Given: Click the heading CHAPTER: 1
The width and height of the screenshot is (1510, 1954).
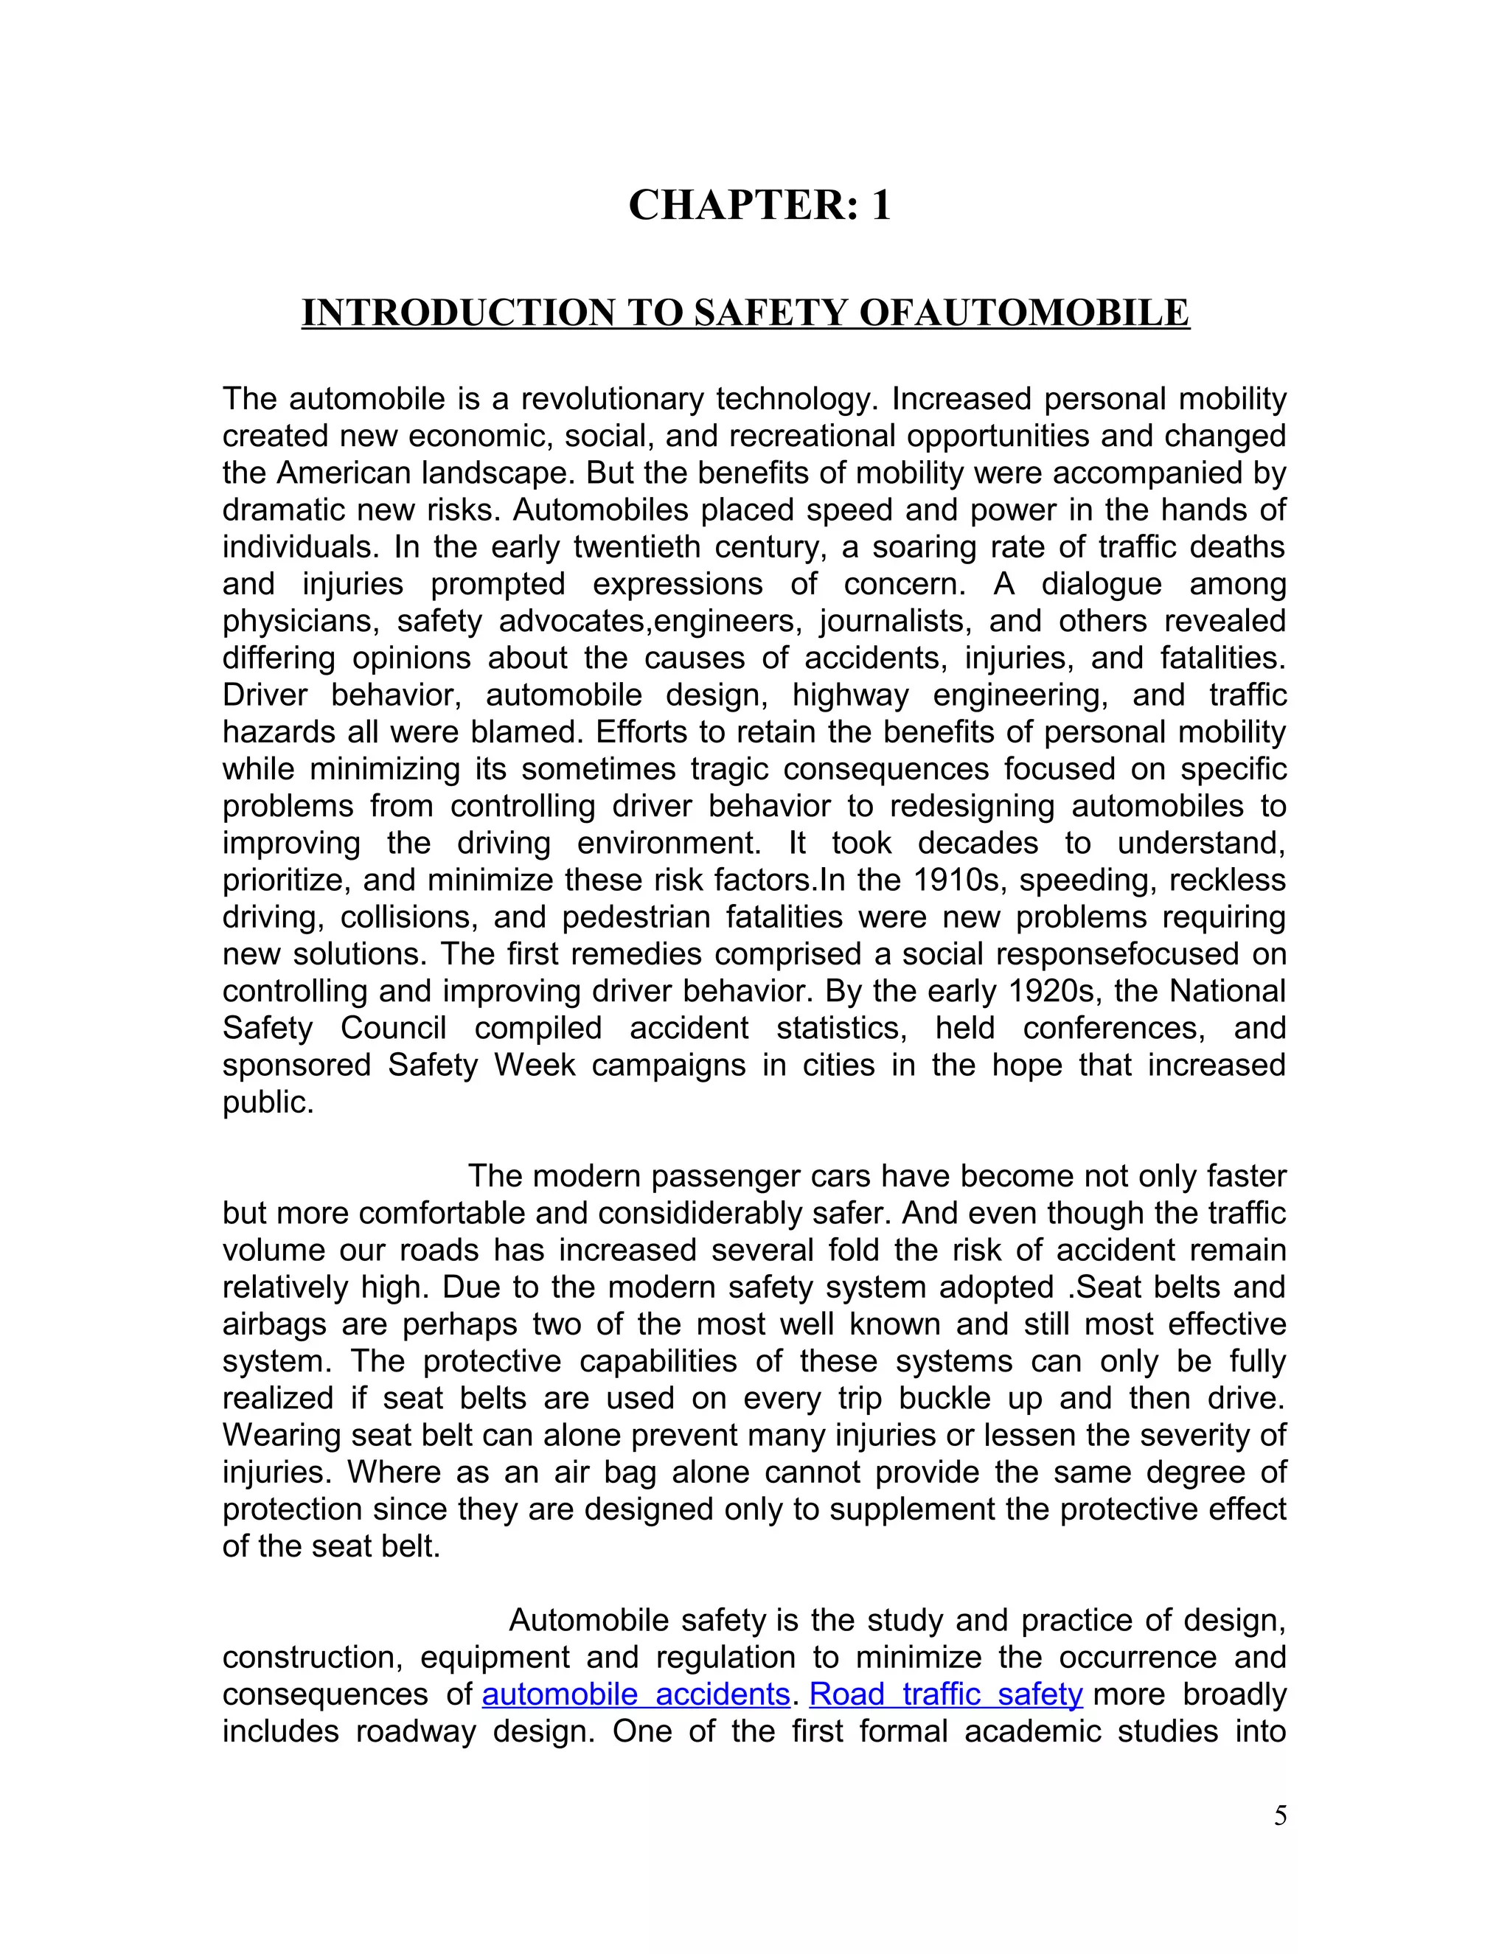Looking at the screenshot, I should click(759, 205).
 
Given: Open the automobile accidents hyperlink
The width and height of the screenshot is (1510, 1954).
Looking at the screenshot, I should click(635, 1694).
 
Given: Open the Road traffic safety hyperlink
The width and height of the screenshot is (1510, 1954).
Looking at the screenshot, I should click(945, 1694).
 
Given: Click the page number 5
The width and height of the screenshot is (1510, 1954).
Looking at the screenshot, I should click(1280, 1816).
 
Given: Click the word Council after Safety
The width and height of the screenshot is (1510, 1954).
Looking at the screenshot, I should click(393, 1028).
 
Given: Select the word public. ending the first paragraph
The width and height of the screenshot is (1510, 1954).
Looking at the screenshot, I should click(268, 1102).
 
